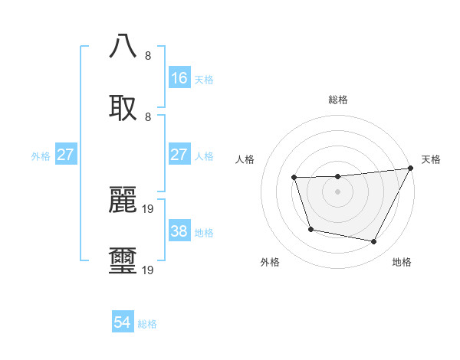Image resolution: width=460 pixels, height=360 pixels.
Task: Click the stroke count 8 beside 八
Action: click(x=148, y=56)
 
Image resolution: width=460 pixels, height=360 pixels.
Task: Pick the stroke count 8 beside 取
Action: click(x=148, y=117)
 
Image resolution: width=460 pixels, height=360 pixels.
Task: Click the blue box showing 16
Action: click(x=179, y=77)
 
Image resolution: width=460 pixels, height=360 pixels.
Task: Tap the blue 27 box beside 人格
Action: click(x=179, y=154)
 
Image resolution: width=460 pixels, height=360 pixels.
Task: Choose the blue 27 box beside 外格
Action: click(x=66, y=154)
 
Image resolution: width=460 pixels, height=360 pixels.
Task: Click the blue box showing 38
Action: click(x=179, y=231)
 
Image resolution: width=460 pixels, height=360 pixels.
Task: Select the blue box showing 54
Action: click(x=123, y=322)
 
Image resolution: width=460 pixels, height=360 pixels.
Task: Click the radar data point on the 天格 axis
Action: click(x=411, y=169)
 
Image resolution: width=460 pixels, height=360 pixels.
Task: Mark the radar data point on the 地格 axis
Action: click(x=374, y=242)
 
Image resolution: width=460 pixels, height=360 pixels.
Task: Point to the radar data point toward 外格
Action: click(x=310, y=229)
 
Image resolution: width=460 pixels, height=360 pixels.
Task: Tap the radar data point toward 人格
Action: click(x=294, y=178)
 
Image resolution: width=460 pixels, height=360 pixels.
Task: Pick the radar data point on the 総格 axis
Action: click(x=337, y=177)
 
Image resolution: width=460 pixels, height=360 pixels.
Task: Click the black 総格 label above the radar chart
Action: click(x=337, y=100)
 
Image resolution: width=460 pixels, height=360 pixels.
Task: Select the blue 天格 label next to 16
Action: click(x=203, y=79)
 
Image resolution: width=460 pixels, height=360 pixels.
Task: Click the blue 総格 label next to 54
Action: click(x=147, y=324)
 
